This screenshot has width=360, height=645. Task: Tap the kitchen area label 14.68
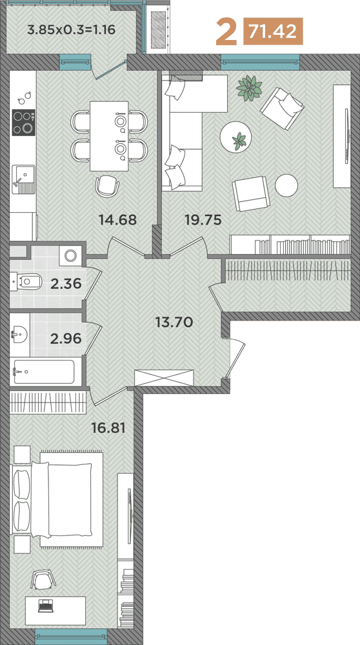117,219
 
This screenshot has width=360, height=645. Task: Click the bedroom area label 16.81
108,426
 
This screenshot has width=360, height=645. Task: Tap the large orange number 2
225,32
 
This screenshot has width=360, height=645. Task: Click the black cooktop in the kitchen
23,123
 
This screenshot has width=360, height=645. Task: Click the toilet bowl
27,281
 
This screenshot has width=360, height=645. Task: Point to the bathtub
43,372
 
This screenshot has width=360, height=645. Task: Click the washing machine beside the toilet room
70,255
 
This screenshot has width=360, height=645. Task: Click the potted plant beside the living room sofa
248,88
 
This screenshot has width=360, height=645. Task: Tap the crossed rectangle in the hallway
164,379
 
